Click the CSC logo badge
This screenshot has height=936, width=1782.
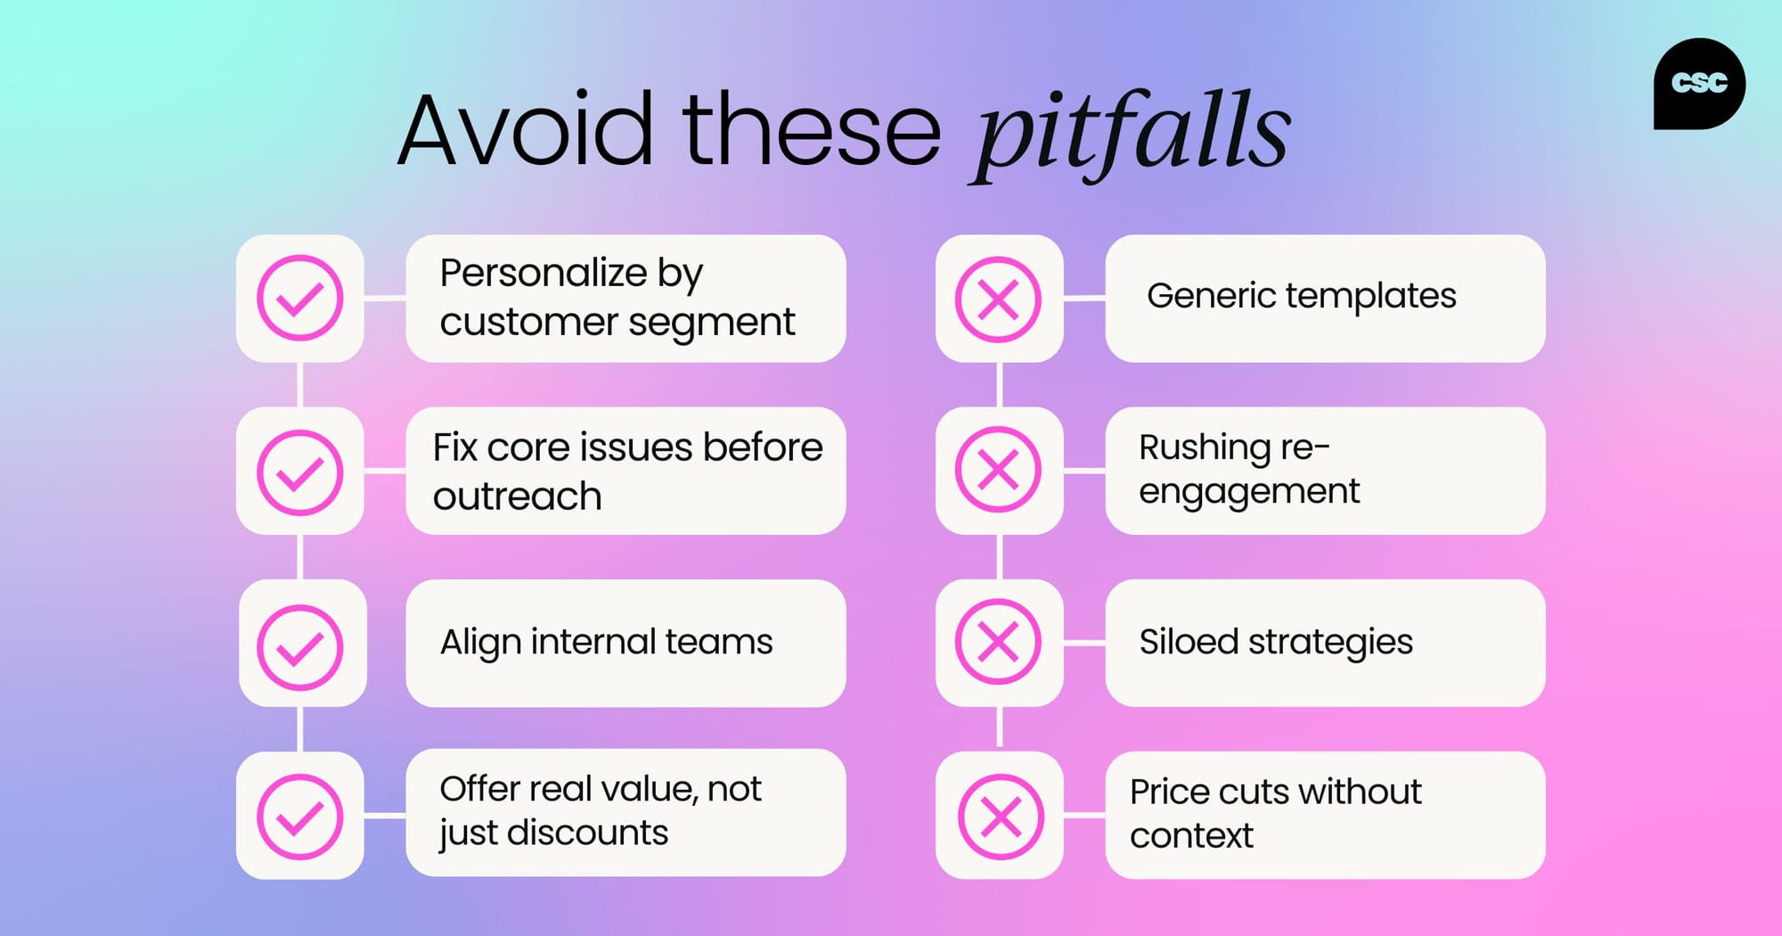point(1698,84)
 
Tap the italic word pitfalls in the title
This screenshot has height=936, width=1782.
point(1130,134)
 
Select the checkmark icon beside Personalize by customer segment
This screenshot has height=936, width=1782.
point(300,299)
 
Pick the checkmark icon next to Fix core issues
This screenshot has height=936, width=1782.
point(300,472)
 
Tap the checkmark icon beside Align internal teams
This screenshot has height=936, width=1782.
point(300,646)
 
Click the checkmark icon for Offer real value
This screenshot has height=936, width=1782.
point(300,816)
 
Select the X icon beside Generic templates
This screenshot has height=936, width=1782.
point(998,300)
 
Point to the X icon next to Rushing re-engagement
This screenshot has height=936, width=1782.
point(998,470)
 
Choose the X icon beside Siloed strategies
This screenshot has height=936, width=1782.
point(998,642)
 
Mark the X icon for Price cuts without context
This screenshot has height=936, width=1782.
point(1000,817)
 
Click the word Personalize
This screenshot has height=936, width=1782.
point(544,273)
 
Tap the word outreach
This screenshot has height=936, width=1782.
point(517,497)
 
